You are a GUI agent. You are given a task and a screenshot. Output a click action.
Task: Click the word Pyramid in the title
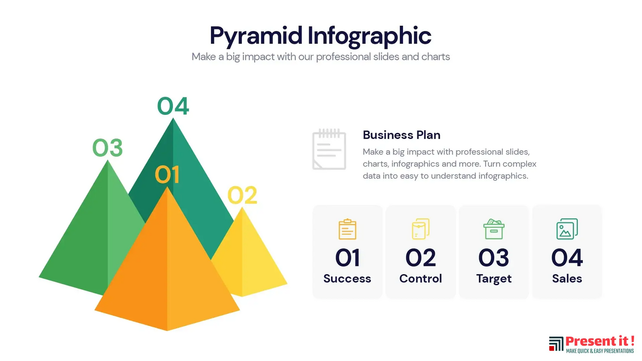(256, 37)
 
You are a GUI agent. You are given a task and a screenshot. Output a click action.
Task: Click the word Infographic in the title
(370, 37)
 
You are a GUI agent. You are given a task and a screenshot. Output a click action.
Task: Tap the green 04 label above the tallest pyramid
(173, 106)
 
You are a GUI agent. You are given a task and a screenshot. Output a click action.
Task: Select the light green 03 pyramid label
(108, 148)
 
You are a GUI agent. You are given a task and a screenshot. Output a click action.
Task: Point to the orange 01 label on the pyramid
(167, 174)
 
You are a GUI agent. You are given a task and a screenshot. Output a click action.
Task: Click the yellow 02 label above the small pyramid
(242, 195)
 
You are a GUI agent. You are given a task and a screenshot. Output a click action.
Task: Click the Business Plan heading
(402, 135)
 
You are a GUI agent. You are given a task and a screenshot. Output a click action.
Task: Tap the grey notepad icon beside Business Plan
(329, 149)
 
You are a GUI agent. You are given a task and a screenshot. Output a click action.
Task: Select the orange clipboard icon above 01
(347, 229)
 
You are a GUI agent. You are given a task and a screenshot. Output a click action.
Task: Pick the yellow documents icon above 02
(420, 229)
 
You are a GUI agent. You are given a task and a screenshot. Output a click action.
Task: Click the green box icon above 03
(494, 229)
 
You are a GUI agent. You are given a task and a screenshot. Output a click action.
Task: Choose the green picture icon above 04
(567, 229)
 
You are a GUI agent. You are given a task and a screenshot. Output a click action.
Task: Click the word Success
(347, 279)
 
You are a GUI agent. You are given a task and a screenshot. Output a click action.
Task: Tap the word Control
(420, 279)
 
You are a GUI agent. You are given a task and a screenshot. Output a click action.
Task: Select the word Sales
(567, 279)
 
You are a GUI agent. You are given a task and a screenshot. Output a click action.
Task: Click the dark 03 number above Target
(494, 258)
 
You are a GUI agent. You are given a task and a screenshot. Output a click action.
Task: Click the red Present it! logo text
(600, 341)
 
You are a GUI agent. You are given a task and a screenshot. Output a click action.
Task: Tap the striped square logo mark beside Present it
(556, 344)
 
